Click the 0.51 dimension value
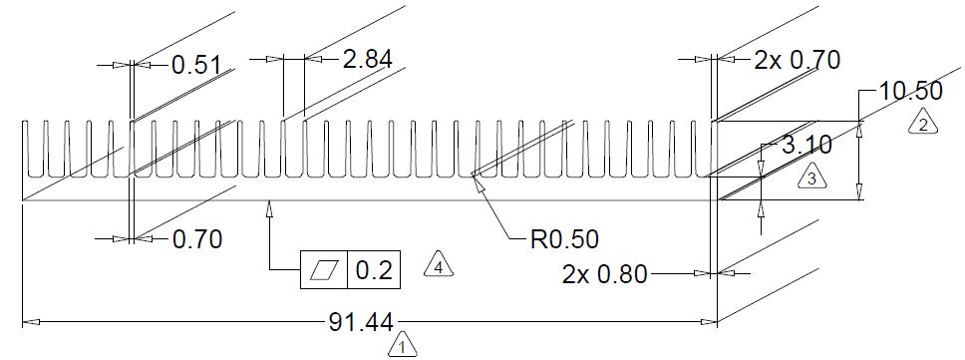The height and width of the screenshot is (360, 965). (195, 65)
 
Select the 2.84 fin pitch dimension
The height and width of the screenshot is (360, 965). (368, 60)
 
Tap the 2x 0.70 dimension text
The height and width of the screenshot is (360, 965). (797, 60)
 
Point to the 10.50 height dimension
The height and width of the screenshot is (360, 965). (910, 91)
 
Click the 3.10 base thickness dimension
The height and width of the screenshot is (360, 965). (806, 146)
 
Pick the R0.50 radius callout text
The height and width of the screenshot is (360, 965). (564, 239)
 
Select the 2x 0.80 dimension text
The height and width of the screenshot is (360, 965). (605, 274)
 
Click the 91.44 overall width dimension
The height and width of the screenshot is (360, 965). (362, 322)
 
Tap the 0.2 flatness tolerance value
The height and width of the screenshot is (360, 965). (374, 270)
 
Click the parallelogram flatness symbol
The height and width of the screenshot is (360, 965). (324, 270)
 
